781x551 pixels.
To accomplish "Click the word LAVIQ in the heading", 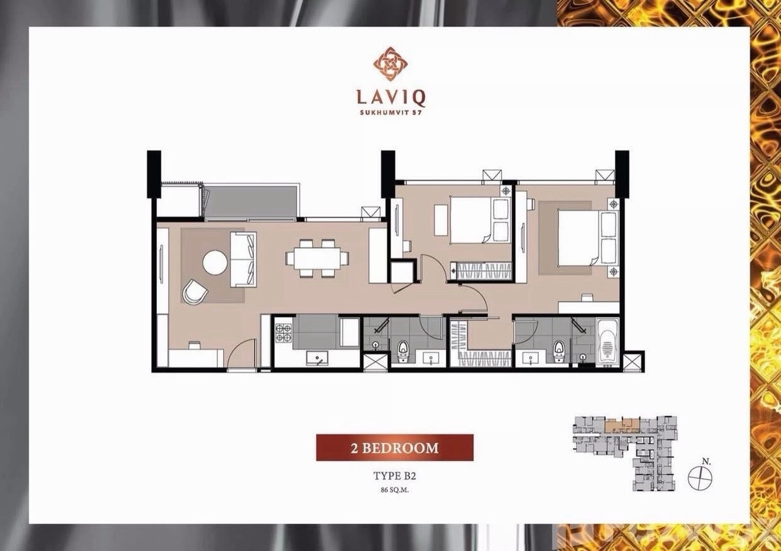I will (x=390, y=98).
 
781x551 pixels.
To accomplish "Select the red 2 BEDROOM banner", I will (x=394, y=448).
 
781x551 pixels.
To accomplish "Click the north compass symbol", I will (x=700, y=477).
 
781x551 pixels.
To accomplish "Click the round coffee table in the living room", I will (x=215, y=264).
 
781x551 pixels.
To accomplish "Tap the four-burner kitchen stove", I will (x=283, y=333).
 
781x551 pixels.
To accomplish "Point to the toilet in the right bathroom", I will (x=558, y=350).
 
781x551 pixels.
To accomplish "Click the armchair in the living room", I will (x=195, y=291).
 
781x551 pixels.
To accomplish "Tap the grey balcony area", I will (x=251, y=201).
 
